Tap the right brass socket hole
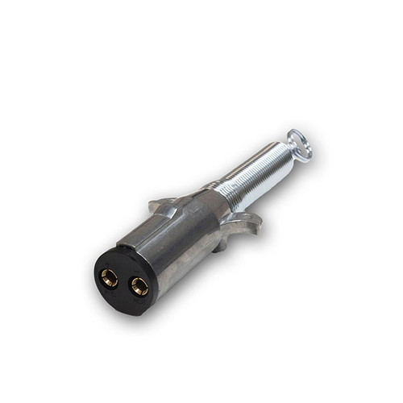(x=139, y=285)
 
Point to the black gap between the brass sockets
(x=125, y=281)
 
